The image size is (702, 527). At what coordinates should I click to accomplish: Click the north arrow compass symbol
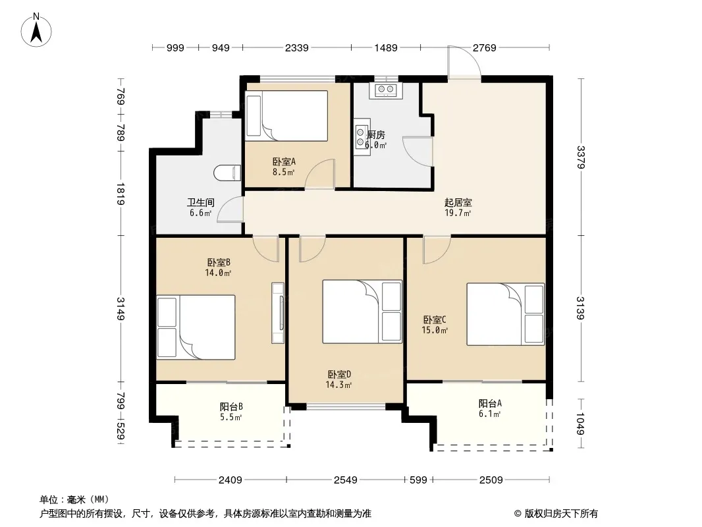36,30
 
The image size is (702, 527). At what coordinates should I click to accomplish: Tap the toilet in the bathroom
227,173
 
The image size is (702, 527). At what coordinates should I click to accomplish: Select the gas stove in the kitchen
386,90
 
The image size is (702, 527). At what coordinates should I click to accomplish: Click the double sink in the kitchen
362,137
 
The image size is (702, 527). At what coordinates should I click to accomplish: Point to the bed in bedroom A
287,115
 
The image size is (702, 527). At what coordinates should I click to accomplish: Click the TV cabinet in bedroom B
278,313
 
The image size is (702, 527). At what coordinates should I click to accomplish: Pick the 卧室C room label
435,320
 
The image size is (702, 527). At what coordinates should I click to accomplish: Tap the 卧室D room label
339,374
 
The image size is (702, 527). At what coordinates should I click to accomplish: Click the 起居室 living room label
458,203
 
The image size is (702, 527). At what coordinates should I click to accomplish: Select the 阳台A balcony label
490,403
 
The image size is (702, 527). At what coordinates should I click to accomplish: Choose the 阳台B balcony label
231,407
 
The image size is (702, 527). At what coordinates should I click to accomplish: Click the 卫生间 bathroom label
201,203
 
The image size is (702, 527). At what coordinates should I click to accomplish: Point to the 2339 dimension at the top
297,47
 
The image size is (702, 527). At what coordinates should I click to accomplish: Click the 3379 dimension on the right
581,157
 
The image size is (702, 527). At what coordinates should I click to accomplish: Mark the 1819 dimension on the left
121,194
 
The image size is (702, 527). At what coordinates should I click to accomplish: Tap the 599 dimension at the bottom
419,480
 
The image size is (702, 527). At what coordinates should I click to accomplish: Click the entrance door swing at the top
464,62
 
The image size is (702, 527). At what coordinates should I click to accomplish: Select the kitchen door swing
418,152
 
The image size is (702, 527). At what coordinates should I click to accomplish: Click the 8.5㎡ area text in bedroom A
283,172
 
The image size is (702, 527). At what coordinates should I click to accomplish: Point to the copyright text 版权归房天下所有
561,514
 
